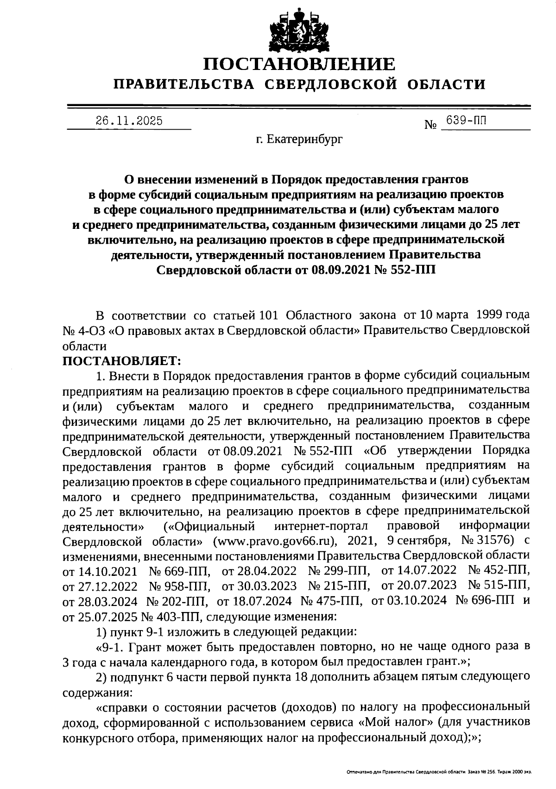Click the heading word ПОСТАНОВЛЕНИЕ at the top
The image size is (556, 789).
click(x=300, y=64)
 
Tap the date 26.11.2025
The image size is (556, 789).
click(x=129, y=121)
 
